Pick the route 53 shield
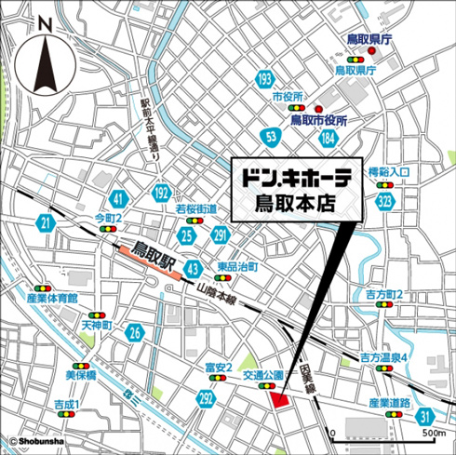tap(270, 138)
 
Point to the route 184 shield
tap(328, 138)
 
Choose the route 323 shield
tap(385, 201)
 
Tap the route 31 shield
tap(424, 416)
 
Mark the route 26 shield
tap(136, 332)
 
